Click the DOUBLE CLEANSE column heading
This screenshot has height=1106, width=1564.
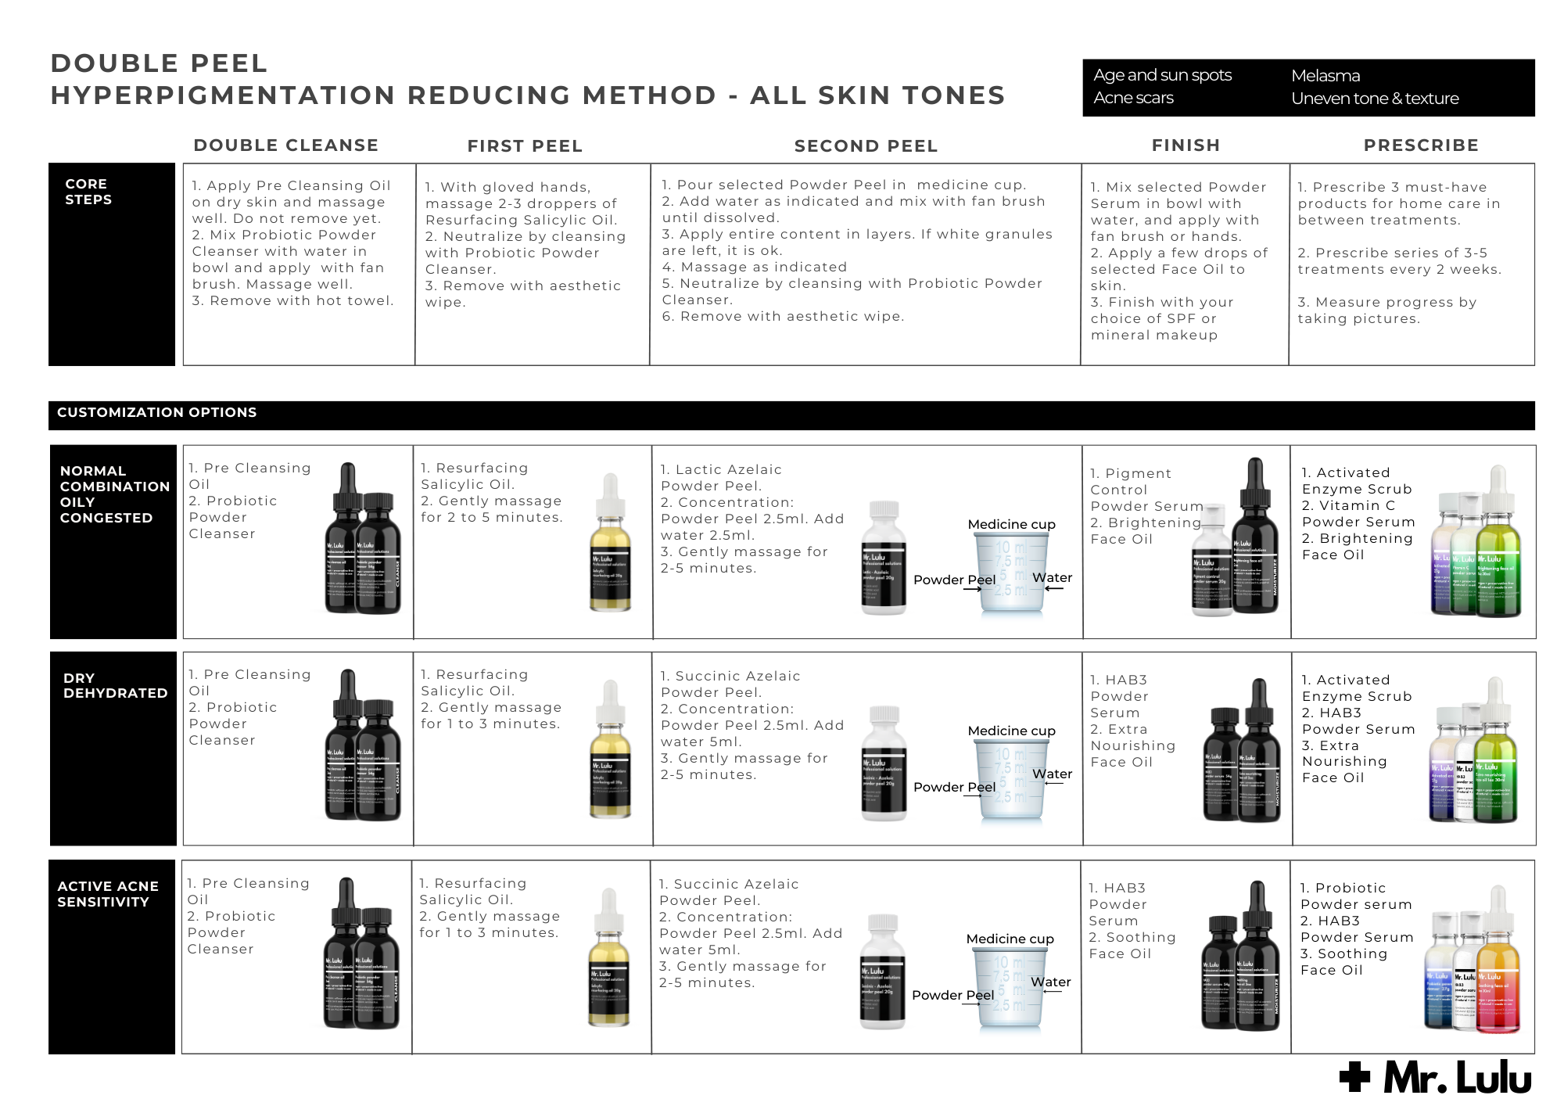[x=285, y=145]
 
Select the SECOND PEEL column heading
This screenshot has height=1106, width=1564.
[x=866, y=146]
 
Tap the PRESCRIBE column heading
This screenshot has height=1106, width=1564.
[x=1421, y=145]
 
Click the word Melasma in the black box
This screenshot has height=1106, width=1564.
[x=1325, y=76]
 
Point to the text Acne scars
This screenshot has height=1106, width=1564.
[x=1133, y=98]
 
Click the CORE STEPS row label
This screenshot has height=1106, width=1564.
[x=88, y=192]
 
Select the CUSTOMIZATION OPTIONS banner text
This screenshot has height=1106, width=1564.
[x=156, y=412]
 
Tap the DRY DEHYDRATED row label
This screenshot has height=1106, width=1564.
[x=115, y=685]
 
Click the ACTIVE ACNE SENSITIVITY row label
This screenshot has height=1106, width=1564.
[x=107, y=893]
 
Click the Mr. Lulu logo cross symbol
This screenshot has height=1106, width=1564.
[x=1354, y=1077]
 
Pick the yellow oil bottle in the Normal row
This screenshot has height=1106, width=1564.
[x=610, y=548]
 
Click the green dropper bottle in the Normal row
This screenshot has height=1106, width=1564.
[x=1498, y=555]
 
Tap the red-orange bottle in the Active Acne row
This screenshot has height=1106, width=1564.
[x=1498, y=974]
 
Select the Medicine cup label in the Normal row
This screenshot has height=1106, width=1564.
[x=1011, y=524]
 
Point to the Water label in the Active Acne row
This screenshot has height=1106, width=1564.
[x=1050, y=982]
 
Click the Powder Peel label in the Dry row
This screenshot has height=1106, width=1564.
[x=954, y=787]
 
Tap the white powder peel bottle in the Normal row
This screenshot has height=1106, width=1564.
[x=884, y=559]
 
